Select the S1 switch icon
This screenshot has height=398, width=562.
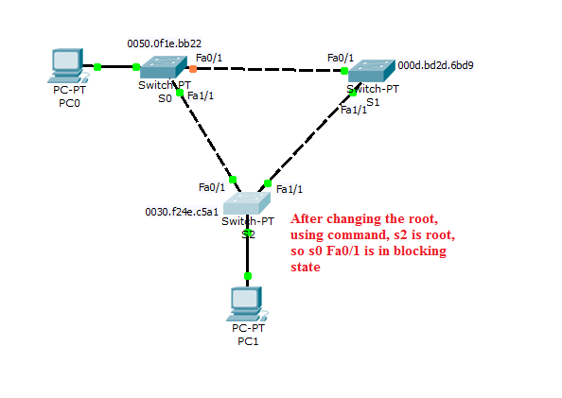tap(370, 72)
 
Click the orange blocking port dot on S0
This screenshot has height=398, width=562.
tap(192, 68)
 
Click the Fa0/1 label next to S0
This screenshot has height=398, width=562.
tap(209, 58)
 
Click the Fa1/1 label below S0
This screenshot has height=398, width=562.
tap(201, 96)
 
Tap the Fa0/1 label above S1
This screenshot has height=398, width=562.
tap(341, 58)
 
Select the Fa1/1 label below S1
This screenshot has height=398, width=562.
tap(352, 110)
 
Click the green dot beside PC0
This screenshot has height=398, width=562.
tap(97, 67)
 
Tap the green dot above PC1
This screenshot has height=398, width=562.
tap(248, 276)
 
